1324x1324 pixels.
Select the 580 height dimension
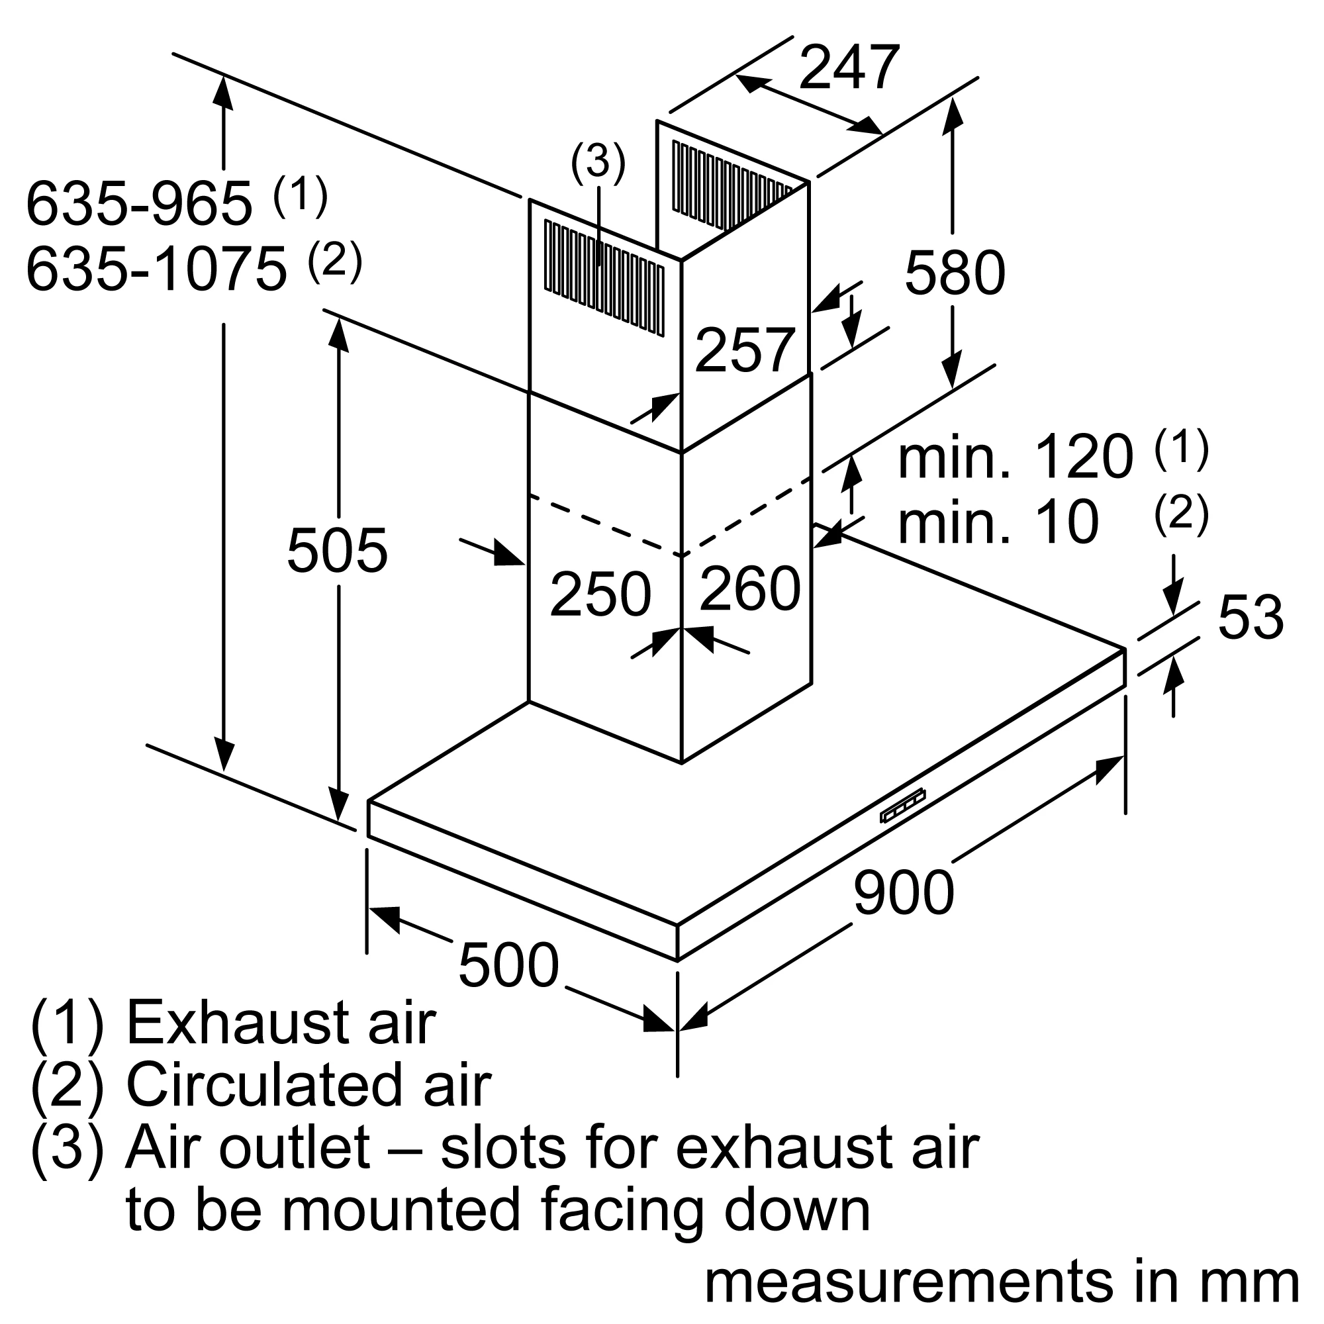click(x=955, y=273)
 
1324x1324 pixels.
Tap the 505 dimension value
click(x=337, y=550)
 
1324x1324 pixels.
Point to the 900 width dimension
click(x=903, y=892)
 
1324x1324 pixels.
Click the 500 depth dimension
click(x=508, y=965)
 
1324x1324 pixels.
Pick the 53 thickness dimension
click(x=1250, y=618)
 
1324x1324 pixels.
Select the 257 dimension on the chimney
click(x=745, y=350)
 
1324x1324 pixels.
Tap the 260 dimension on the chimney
click(x=750, y=588)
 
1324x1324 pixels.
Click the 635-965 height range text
click(x=139, y=203)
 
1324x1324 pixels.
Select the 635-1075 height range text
click(x=156, y=269)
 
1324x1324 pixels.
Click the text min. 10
click(x=998, y=523)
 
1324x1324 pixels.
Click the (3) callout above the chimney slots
click(x=598, y=162)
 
